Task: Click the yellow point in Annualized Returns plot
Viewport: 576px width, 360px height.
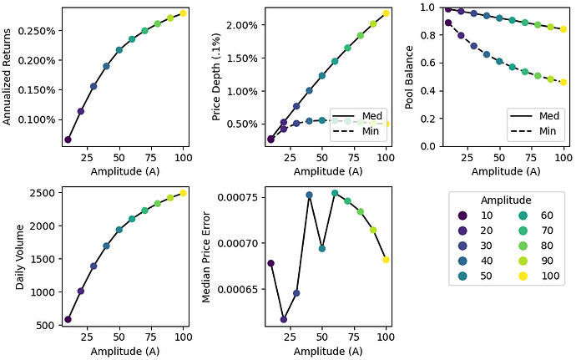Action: (183, 13)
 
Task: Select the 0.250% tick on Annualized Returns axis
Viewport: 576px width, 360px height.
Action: (36, 31)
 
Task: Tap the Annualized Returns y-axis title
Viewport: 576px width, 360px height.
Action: (8, 76)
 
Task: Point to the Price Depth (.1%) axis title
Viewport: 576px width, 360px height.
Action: (217, 76)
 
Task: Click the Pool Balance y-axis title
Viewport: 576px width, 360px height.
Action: (409, 76)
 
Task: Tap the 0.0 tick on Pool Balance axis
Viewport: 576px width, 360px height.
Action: (425, 146)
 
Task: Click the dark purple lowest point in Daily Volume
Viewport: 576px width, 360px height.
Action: (68, 319)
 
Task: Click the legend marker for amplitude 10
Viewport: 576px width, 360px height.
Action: (464, 215)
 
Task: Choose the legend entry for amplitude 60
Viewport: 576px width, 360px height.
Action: (538, 215)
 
